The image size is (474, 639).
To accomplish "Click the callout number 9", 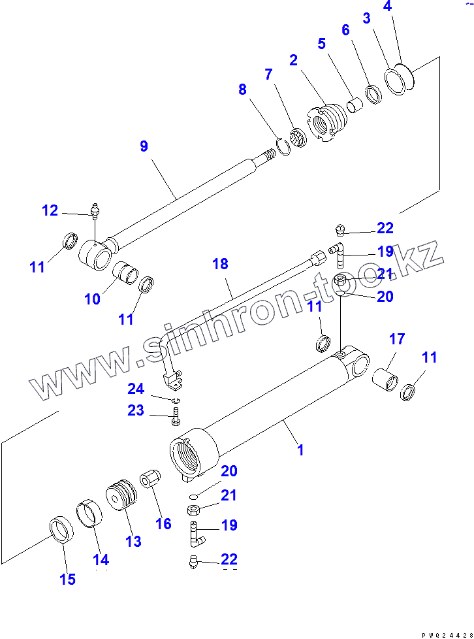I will click(144, 146).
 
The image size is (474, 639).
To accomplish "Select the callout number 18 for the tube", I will click(221, 264).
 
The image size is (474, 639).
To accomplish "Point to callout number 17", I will click(397, 339).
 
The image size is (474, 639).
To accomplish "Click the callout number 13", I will click(133, 541).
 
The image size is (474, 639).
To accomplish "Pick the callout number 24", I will click(136, 389).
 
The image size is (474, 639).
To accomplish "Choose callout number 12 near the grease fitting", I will click(50, 210).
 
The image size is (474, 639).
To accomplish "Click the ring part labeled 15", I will click(61, 529).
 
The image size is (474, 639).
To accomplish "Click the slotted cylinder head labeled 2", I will click(324, 122).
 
